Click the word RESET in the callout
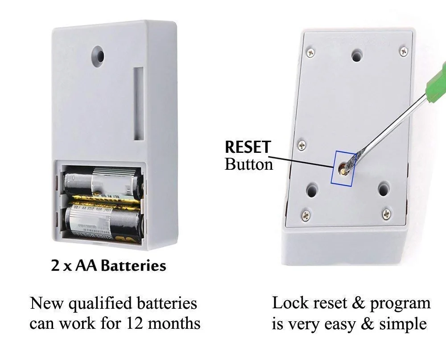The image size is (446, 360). point(248,147)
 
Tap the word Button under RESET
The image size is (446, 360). point(249,164)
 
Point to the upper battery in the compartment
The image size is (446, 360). point(103,183)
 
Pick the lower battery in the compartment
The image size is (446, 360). point(104,223)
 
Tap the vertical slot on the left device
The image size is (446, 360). point(139,104)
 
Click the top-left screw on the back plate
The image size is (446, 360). point(311,53)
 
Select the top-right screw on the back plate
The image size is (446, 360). point(404,51)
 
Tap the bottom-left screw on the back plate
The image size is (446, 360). point(306,216)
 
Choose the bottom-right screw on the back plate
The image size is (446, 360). point(386,214)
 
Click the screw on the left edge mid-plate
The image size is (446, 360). point(302,145)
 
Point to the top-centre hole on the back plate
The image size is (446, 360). point(357,55)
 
